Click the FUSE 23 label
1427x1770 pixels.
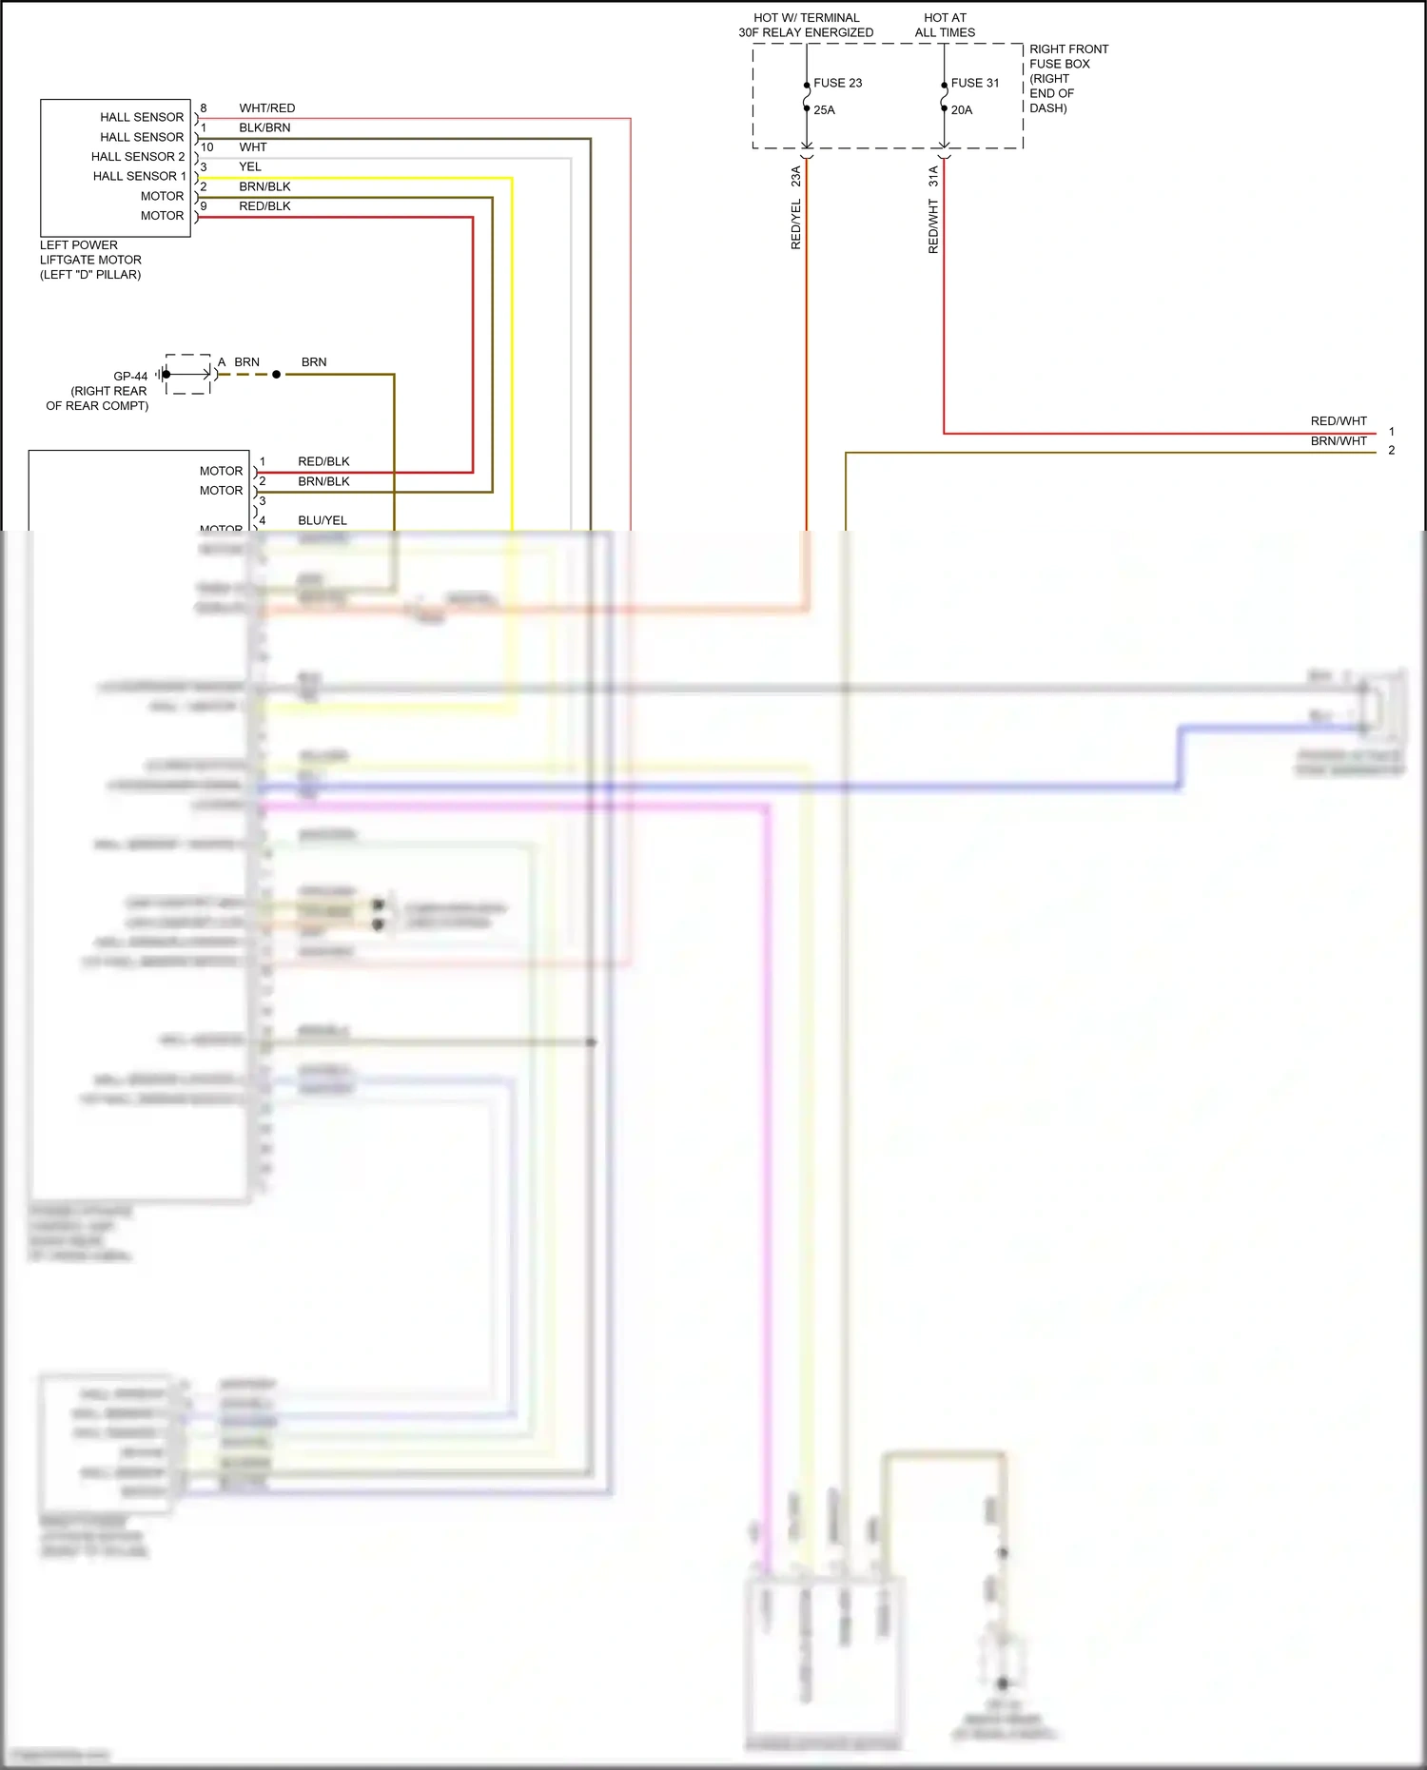(x=837, y=83)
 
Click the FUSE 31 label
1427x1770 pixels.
(x=975, y=83)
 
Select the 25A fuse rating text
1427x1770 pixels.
(x=824, y=110)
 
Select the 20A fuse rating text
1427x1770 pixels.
(x=962, y=110)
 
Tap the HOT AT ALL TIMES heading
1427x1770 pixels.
(x=945, y=25)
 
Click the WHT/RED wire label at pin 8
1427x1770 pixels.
(x=266, y=108)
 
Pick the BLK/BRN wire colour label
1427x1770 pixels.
(x=264, y=127)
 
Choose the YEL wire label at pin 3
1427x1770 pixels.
(x=250, y=166)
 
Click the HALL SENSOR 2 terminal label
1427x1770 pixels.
(x=138, y=157)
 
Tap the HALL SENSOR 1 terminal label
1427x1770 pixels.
(x=139, y=176)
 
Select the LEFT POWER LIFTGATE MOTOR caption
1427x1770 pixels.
(x=90, y=260)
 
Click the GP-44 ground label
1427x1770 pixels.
(x=130, y=376)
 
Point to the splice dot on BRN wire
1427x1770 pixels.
(x=277, y=375)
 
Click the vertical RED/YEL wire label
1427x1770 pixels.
(x=796, y=224)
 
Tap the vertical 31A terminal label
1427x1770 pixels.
(x=933, y=175)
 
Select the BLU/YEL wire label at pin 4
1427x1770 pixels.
(x=323, y=520)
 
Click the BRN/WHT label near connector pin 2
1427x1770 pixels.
(x=1339, y=441)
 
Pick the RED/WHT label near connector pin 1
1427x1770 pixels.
(x=1339, y=421)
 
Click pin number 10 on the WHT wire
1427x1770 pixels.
(x=206, y=147)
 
